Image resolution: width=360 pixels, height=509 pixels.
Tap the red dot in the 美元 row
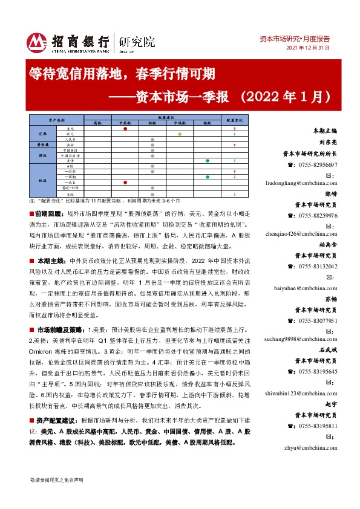click(x=125, y=129)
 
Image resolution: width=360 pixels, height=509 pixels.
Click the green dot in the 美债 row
click(x=208, y=161)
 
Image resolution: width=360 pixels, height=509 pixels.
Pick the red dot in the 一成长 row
click(x=125, y=182)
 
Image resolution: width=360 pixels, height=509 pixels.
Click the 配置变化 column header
click(x=234, y=120)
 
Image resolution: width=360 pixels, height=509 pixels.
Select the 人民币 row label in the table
click(x=70, y=140)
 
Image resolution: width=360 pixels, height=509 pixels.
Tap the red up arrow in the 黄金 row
click(x=234, y=145)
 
